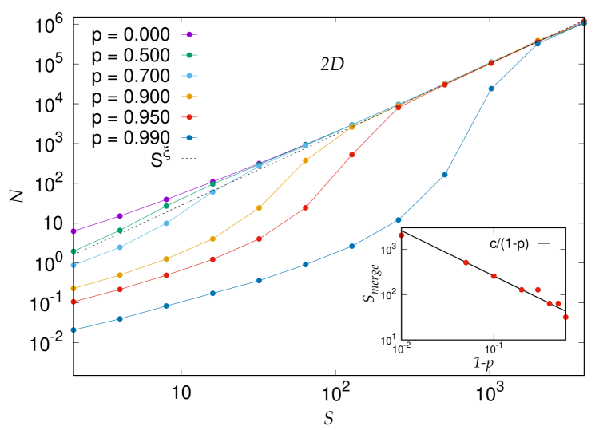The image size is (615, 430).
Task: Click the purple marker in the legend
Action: tap(189, 34)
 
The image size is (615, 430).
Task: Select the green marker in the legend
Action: tap(189, 55)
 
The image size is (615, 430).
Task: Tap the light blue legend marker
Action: tap(189, 76)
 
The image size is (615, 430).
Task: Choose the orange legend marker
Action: tap(189, 97)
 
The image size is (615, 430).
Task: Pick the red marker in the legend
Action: tap(189, 117)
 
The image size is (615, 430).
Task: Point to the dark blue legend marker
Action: tap(189, 137)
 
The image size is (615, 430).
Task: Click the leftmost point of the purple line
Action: tap(73, 231)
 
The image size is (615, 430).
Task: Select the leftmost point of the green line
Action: tap(73, 251)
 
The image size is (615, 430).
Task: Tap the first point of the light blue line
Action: tap(73, 265)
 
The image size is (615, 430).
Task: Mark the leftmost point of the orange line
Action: tap(73, 288)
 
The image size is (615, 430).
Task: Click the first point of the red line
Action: tap(73, 302)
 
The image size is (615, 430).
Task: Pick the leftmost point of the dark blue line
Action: tap(73, 329)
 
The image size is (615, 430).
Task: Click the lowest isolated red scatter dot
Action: tap(565, 317)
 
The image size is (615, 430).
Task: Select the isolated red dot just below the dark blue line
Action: tap(401, 235)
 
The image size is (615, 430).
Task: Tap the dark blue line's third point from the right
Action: tap(491, 89)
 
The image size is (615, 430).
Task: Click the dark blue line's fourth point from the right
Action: tap(445, 175)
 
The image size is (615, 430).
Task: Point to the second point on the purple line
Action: tap(120, 216)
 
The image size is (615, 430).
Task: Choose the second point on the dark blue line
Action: tap(120, 318)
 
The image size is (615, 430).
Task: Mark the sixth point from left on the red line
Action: tap(305, 207)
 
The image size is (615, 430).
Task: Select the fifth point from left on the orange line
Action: tap(259, 208)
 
